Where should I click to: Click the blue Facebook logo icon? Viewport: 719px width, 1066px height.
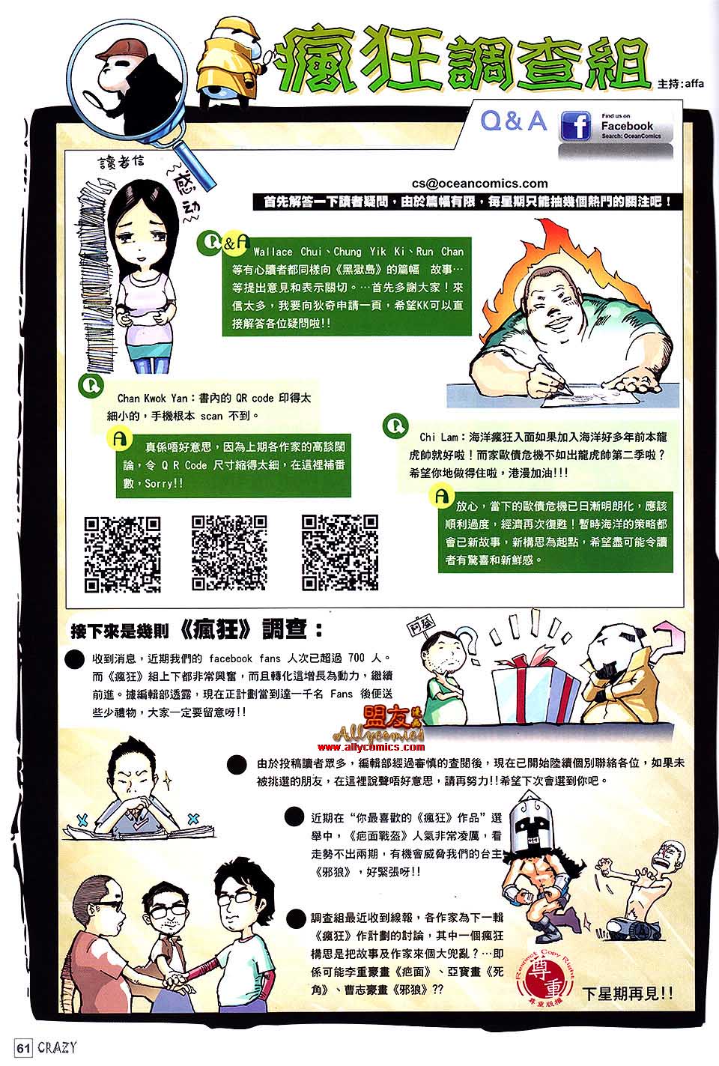pos(576,127)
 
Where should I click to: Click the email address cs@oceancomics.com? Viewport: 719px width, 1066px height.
pos(479,184)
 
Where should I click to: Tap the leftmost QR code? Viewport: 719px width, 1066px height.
pos(122,554)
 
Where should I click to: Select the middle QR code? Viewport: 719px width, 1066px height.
pos(229,553)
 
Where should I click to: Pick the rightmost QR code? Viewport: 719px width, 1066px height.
pos(340,553)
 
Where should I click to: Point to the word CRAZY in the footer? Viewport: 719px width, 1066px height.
pos(57,1047)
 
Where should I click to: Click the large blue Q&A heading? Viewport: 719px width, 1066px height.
pos(514,121)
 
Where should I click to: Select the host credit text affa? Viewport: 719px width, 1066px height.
pos(695,84)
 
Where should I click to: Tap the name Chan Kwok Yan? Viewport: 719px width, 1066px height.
pos(152,399)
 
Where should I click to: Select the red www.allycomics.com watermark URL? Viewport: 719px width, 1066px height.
pos(371,747)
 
